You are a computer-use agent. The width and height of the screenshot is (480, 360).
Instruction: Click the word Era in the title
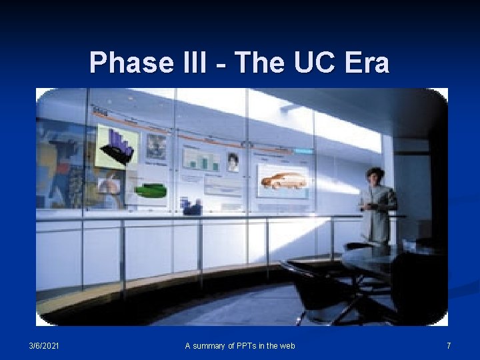coord(367,63)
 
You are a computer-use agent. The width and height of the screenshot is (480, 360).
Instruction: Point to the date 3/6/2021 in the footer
coord(43,345)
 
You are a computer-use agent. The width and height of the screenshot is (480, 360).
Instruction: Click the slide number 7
coord(449,345)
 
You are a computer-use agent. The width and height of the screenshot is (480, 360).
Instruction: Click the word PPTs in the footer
coord(248,345)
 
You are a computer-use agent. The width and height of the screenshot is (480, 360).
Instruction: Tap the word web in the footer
coord(287,345)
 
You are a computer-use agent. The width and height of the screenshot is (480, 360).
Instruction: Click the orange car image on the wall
coord(283,180)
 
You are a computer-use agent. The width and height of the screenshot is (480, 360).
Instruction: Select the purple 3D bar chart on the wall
coord(119,145)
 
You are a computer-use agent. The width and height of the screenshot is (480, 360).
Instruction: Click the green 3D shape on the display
coord(151,190)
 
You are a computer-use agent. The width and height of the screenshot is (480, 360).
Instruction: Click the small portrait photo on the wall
coord(233,162)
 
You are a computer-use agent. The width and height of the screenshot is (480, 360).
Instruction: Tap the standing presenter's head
coord(375,175)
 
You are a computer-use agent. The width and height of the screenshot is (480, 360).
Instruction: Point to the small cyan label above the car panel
coord(303,151)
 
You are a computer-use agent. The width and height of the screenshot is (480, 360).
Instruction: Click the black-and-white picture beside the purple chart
coord(157,147)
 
